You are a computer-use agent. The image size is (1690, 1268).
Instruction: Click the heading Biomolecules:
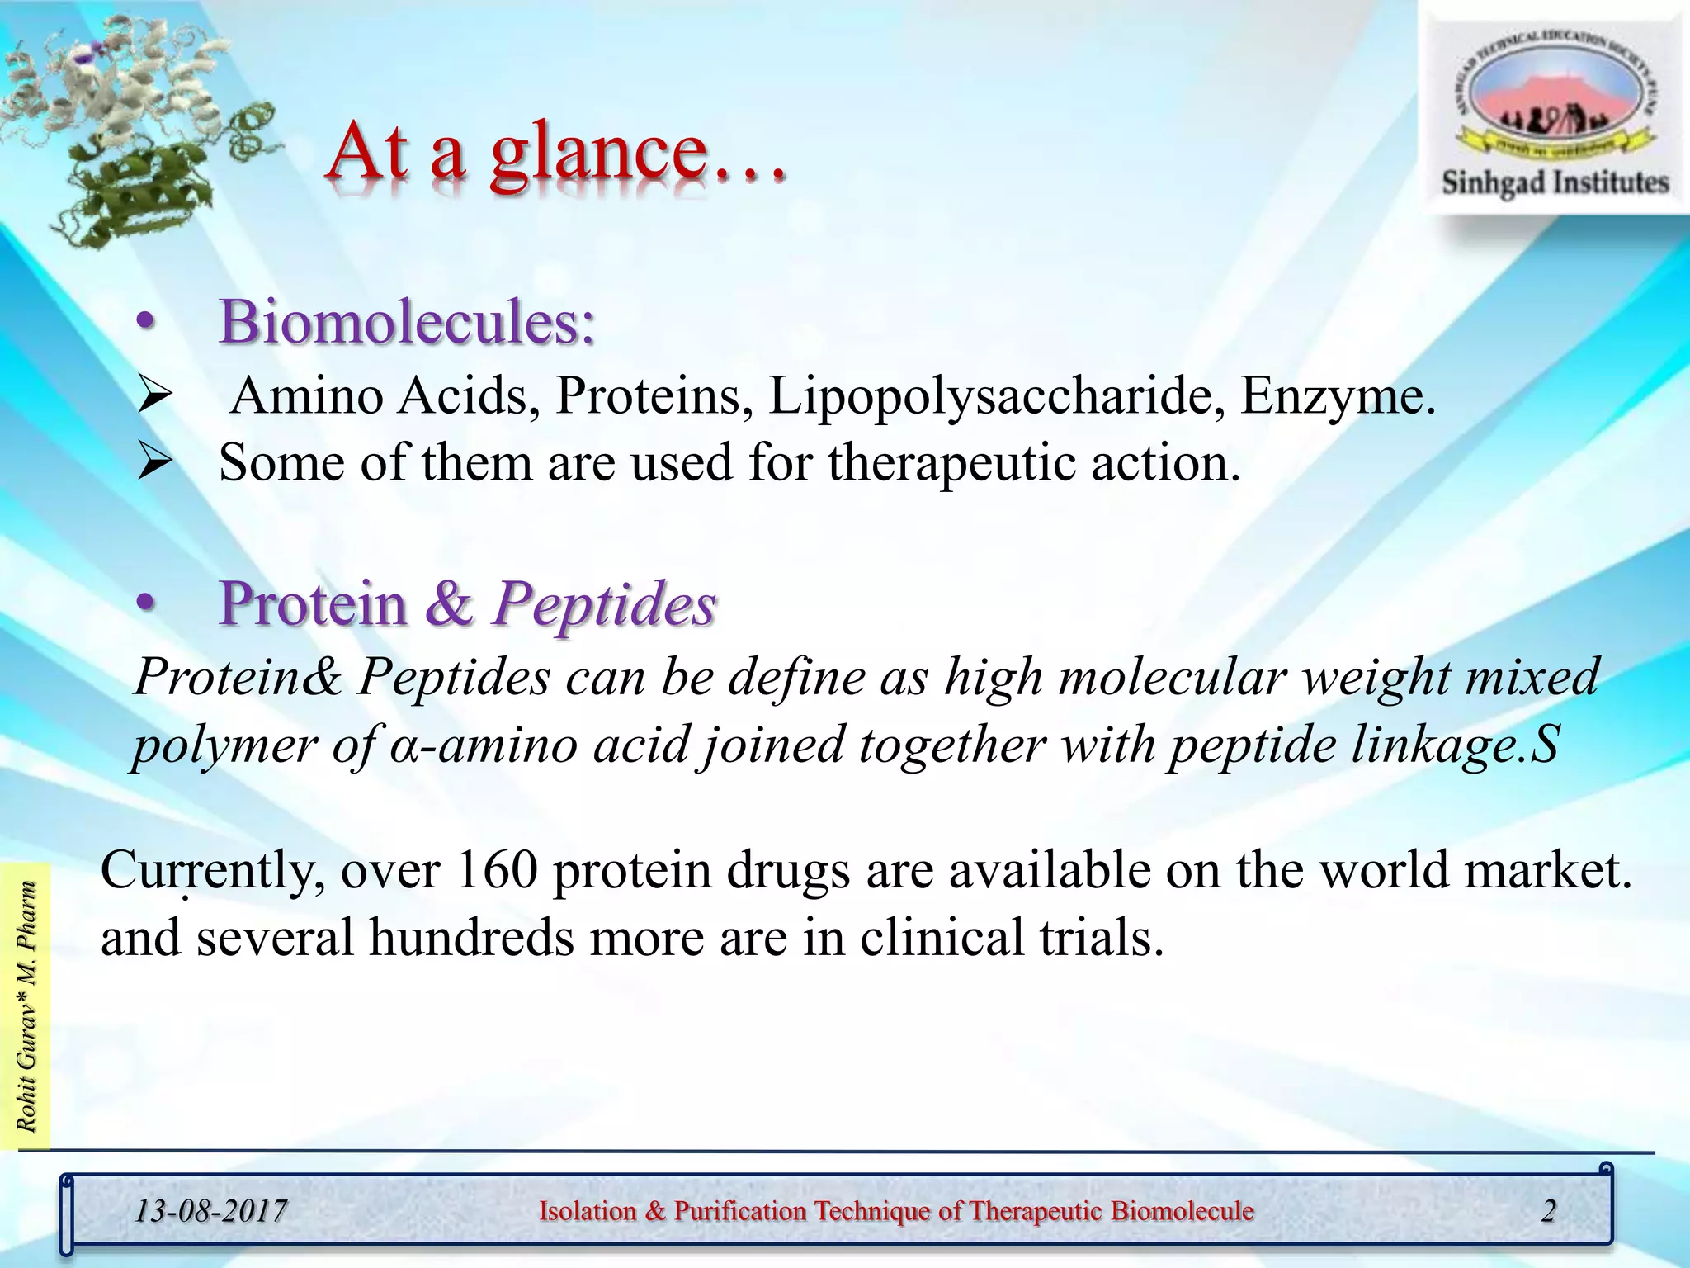tap(407, 322)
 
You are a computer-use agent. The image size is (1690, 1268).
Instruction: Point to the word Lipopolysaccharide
tap(997, 397)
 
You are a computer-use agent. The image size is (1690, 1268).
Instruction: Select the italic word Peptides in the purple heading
tap(604, 604)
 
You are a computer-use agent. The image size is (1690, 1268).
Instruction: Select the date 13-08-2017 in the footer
tap(210, 1212)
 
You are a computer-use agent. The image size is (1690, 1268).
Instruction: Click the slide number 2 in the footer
tap(1548, 1211)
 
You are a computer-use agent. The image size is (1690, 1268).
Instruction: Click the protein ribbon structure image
tap(132, 124)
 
